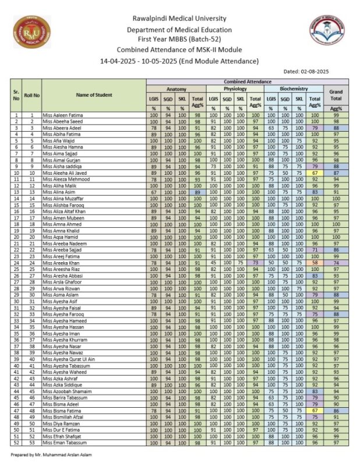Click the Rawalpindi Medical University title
click(179, 19)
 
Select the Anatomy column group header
click(176, 89)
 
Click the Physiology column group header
click(235, 89)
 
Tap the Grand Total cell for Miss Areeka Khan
click(336, 263)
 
